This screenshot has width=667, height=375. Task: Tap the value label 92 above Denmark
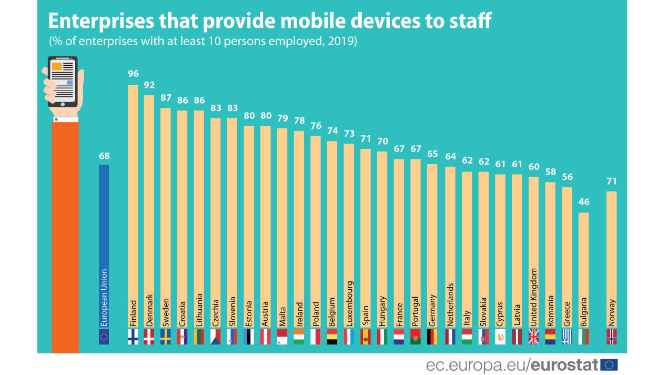149,84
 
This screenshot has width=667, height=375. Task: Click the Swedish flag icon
166,337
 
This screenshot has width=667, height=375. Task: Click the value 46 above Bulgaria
583,202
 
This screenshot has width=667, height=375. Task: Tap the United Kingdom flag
533,337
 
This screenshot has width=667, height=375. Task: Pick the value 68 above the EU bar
104,156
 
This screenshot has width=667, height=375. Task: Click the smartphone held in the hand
63,82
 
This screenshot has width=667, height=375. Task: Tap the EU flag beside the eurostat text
610,364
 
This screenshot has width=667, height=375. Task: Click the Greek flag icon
567,337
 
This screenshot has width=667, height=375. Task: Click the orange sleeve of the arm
65,237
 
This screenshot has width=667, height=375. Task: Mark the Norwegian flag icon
612,337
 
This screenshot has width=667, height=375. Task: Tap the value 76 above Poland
316,126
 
